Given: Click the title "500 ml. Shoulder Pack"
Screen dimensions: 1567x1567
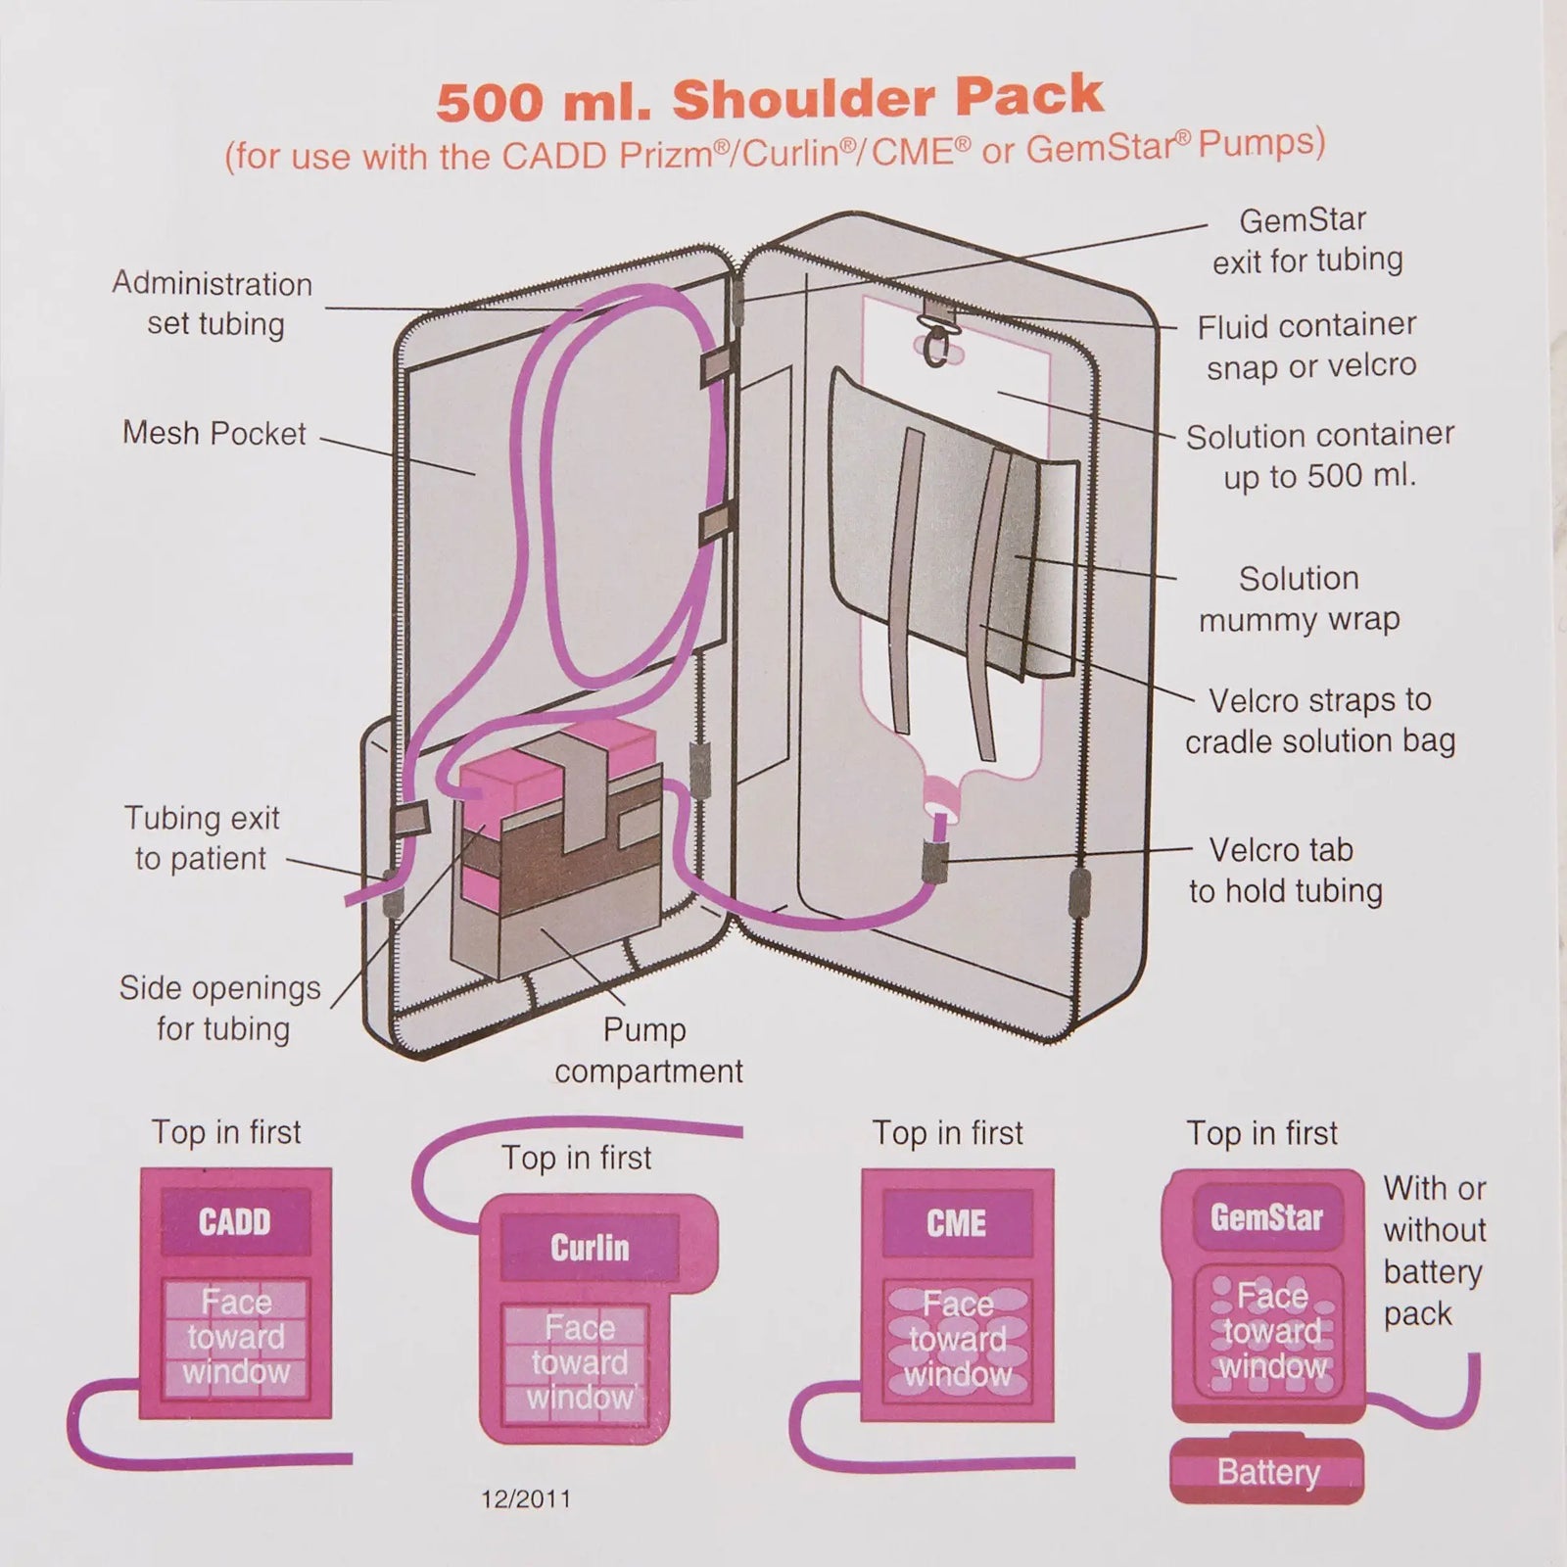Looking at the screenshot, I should click(771, 99).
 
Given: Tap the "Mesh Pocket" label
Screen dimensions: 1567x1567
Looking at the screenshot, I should click(214, 433).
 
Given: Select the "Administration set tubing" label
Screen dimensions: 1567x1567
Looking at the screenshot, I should click(213, 304).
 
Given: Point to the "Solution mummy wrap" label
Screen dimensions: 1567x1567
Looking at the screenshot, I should click(1299, 598).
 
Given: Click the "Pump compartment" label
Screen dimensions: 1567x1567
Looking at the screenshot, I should click(648, 1050).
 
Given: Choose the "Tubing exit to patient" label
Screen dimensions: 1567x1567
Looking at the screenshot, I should click(201, 837).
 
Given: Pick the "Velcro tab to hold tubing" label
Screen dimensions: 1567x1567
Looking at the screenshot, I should click(1285, 870).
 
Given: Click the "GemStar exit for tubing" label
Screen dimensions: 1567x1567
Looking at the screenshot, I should click(1306, 240).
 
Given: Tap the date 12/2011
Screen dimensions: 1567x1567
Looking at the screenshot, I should click(526, 1499).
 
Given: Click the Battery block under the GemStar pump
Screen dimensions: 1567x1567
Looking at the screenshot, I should click(1267, 1471).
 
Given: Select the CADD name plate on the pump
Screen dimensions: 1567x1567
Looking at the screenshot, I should click(235, 1221).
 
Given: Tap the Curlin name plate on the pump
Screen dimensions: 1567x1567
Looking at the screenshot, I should click(589, 1247).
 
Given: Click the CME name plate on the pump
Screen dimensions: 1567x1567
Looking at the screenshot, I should click(956, 1223).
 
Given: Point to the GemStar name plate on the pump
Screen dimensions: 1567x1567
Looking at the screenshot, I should click(1266, 1217).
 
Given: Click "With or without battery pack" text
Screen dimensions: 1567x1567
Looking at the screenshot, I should click(1434, 1251).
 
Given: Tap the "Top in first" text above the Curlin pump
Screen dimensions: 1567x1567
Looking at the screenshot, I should click(576, 1158).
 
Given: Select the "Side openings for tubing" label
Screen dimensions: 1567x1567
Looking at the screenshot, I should click(220, 1008).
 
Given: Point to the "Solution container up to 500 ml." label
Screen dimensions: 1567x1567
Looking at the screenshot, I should click(1319, 455).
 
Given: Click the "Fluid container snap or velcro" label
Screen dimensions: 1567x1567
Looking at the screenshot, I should click(1306, 346).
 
